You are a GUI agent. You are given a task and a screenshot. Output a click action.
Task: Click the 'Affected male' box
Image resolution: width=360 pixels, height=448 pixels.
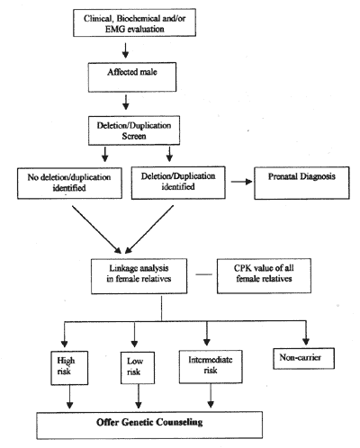(132, 77)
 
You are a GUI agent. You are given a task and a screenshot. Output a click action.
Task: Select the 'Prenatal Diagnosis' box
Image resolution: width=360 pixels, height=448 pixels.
(301, 183)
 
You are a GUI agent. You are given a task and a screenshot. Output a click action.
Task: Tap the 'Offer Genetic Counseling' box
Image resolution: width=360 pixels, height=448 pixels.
(149, 426)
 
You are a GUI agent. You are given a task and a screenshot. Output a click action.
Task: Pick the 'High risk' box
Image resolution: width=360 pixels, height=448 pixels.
(69, 368)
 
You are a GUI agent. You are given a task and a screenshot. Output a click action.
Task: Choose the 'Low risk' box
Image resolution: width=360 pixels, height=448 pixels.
(138, 368)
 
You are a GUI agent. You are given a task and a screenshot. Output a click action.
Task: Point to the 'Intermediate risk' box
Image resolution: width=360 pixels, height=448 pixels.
(211, 366)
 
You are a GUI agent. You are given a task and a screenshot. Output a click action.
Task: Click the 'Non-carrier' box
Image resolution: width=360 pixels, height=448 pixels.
(303, 358)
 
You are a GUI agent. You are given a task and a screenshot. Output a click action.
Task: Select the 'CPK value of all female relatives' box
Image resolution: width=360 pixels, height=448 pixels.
(264, 276)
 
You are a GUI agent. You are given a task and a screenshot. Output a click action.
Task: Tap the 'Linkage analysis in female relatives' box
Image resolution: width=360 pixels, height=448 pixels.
(139, 276)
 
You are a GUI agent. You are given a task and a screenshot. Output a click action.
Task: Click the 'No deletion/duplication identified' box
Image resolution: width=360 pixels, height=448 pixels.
(69, 184)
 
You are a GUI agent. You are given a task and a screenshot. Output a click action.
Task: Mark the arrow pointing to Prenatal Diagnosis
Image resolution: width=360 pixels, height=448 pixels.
(241, 182)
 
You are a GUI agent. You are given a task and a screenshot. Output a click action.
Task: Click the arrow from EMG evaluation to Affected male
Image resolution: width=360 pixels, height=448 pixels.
(125, 50)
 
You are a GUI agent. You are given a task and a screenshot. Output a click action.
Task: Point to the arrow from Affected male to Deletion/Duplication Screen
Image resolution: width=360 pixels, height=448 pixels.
(126, 103)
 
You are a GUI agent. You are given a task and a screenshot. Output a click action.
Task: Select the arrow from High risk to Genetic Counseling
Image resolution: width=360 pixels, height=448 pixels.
(69, 397)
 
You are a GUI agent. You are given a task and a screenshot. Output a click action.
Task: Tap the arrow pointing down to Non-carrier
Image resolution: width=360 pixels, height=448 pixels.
(306, 333)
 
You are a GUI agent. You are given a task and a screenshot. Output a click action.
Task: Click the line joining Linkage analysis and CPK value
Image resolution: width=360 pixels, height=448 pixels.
(203, 274)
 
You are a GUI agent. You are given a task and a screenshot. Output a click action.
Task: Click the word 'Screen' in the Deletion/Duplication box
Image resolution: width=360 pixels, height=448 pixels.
(134, 136)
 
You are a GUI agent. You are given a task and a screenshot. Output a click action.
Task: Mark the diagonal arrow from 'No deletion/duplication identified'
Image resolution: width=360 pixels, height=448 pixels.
(96, 229)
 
